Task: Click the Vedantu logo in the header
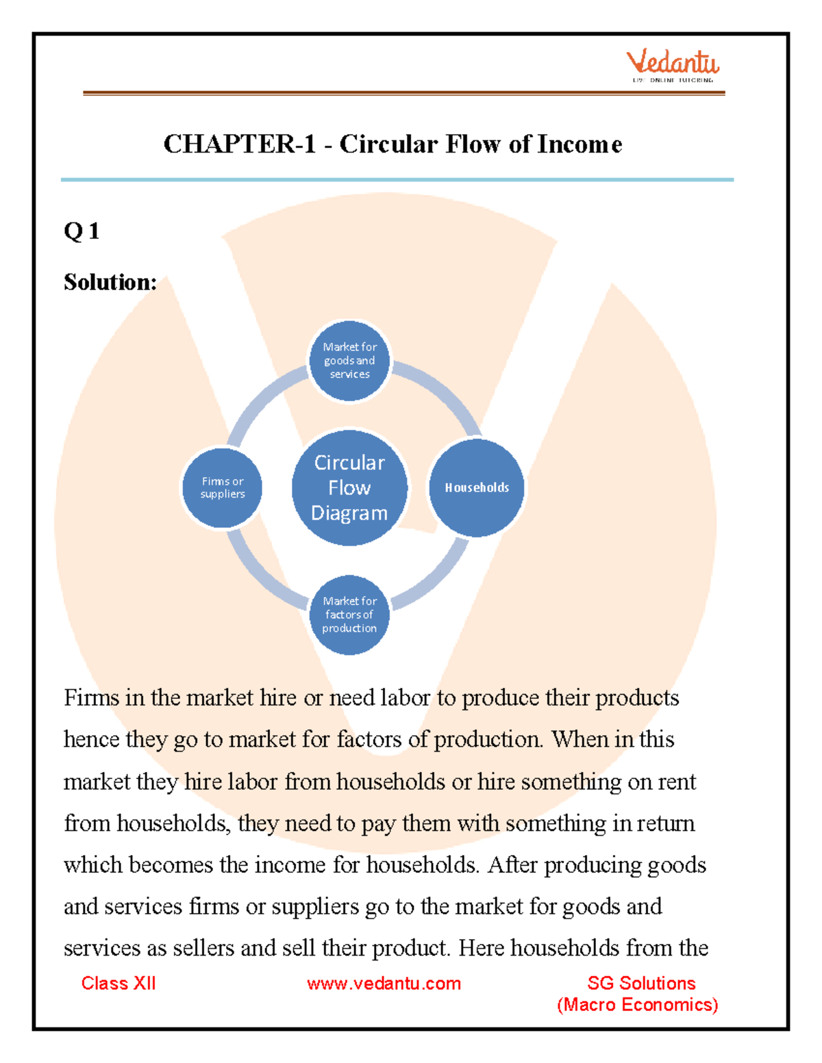pos(672,66)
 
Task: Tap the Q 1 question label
pos(82,231)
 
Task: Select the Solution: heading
pos(110,282)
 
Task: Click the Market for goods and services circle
pos(349,361)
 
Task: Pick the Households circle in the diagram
pos(477,487)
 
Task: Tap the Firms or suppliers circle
pos(223,487)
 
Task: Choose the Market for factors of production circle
pos(349,615)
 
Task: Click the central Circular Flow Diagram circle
pos(349,487)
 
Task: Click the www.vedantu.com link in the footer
pos(384,984)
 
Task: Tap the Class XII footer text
pos(119,984)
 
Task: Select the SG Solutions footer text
pos(641,984)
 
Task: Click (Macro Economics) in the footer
pos(637,1005)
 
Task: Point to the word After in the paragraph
pos(512,865)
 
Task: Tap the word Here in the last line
pos(482,948)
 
